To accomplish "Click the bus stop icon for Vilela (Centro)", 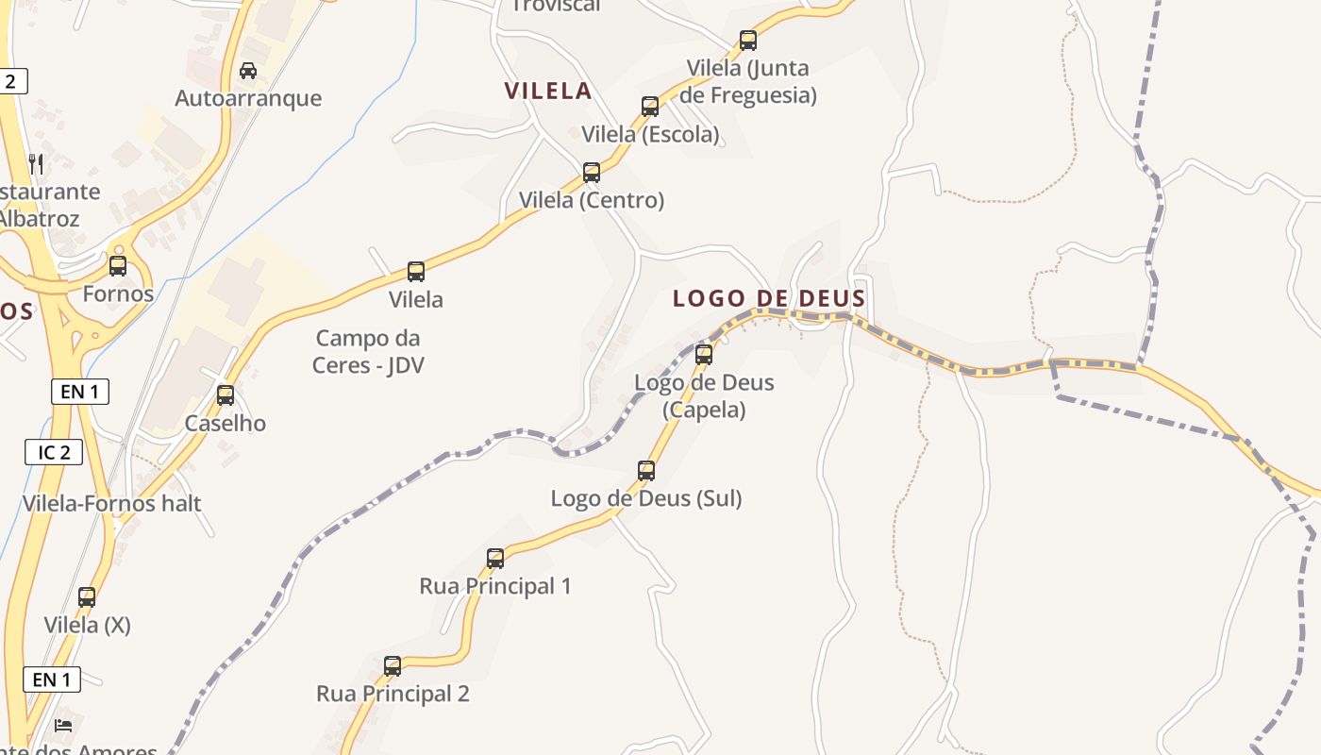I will tap(592, 173).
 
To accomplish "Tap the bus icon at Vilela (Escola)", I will tap(650, 107).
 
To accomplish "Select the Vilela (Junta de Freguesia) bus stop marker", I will tap(748, 41).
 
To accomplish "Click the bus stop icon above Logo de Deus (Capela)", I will tap(704, 355).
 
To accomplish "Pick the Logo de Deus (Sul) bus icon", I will tap(646, 471).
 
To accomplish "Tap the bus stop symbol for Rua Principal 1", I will tap(495, 559).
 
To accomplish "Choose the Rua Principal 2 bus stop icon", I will tap(393, 666).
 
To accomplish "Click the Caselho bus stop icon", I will tap(226, 395).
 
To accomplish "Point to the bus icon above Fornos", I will tap(118, 266).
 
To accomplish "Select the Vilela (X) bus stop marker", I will tap(87, 597).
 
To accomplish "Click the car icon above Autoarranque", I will tap(248, 71).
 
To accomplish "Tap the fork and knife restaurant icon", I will tap(36, 163).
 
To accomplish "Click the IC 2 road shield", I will tap(54, 452).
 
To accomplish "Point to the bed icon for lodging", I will tap(63, 725).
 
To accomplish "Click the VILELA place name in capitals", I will tap(548, 92).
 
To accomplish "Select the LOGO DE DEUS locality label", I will tap(769, 299).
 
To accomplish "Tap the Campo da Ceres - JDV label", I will tap(368, 351).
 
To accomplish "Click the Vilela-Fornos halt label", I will tap(112, 503).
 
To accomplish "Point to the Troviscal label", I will tap(556, 7).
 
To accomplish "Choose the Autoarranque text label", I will tap(248, 98).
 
